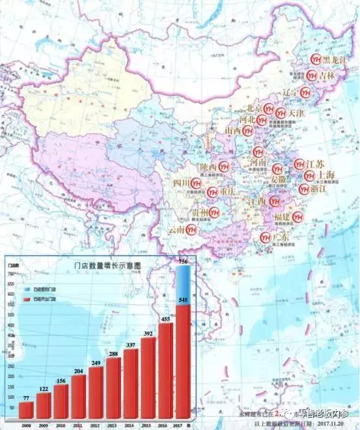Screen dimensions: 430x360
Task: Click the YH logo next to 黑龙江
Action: (316, 59)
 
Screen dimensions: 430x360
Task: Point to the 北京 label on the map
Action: (255, 108)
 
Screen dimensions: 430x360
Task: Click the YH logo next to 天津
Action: (280, 113)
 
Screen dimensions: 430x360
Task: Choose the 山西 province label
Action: (232, 131)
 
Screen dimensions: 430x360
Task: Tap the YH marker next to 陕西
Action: (223, 166)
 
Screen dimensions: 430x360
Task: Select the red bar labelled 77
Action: (26, 410)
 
